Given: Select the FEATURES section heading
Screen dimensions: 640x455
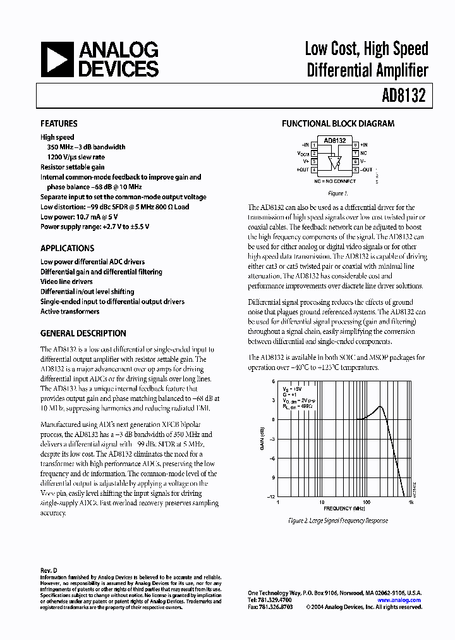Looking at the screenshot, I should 59,124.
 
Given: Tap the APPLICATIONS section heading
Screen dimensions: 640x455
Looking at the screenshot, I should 67,249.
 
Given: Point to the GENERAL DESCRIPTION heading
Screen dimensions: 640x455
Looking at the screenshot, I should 83,333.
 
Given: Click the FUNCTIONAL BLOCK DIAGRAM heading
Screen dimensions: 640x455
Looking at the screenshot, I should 337,124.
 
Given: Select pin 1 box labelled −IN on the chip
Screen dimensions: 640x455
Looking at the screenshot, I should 314,145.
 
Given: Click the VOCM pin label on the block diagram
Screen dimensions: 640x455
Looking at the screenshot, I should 303,153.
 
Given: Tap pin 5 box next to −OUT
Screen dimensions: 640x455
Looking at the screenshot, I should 356,169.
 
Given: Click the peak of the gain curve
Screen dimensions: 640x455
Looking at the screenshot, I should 379,407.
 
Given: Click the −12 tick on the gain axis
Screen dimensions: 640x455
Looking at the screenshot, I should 271,496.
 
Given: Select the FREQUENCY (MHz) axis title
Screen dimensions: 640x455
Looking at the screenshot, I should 344,508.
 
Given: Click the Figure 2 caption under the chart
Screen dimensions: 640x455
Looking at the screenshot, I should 337,520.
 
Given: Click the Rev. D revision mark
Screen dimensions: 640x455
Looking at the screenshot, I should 49,570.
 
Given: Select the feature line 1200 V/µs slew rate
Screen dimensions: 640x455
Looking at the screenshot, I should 76,157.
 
